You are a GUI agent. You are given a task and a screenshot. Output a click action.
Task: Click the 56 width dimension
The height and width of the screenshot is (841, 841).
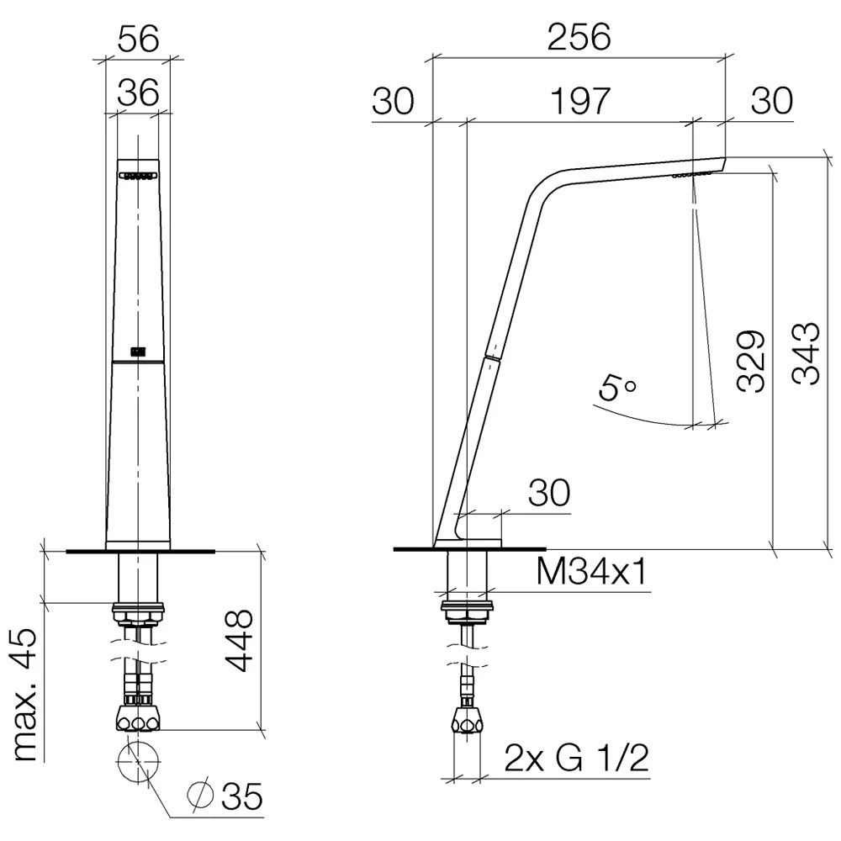[x=139, y=39]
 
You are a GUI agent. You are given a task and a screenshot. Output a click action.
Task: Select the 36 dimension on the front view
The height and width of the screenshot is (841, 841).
[x=139, y=92]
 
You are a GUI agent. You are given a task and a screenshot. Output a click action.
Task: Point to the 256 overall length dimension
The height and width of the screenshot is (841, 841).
[x=579, y=37]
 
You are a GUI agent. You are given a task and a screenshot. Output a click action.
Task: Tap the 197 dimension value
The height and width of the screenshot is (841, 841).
[x=580, y=101]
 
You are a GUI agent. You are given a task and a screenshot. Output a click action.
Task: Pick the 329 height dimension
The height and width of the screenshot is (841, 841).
[x=750, y=361]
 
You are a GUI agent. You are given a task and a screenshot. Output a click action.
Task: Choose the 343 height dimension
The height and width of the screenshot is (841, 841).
[x=806, y=353]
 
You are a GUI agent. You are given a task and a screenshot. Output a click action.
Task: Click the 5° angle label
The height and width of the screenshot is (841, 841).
[x=616, y=387]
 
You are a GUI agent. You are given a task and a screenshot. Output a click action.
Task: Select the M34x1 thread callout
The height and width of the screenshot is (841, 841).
[x=591, y=573]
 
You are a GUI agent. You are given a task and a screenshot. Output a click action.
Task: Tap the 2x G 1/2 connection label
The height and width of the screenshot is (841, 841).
[x=577, y=758]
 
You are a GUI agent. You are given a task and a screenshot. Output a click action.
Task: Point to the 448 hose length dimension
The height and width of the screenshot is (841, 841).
[x=239, y=640]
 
